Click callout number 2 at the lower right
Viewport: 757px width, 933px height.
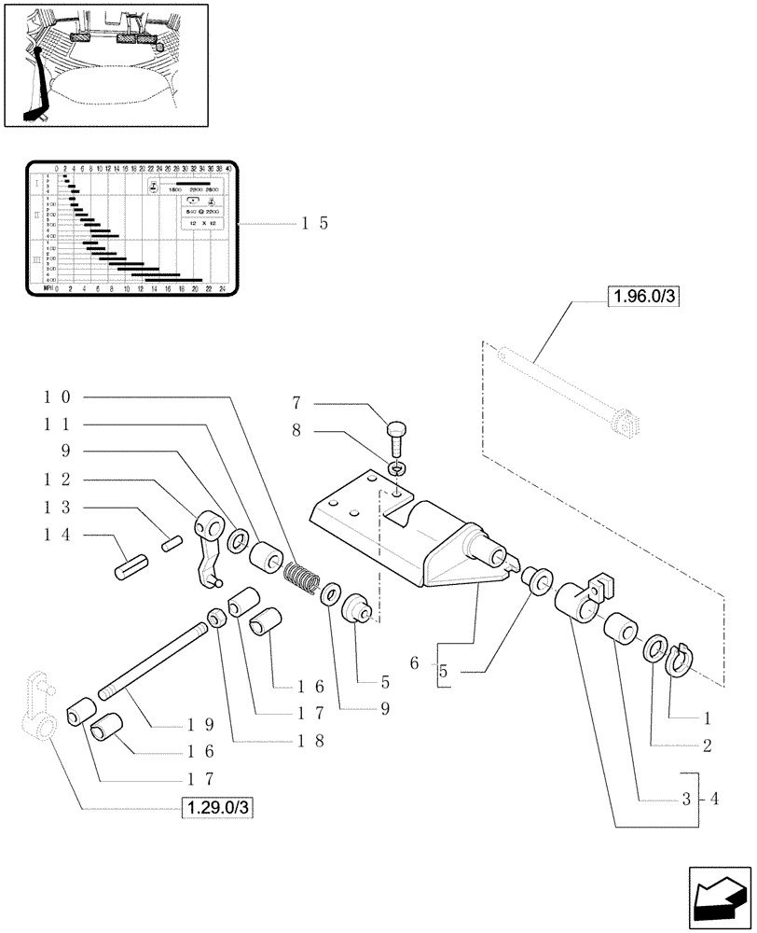[x=707, y=746]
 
